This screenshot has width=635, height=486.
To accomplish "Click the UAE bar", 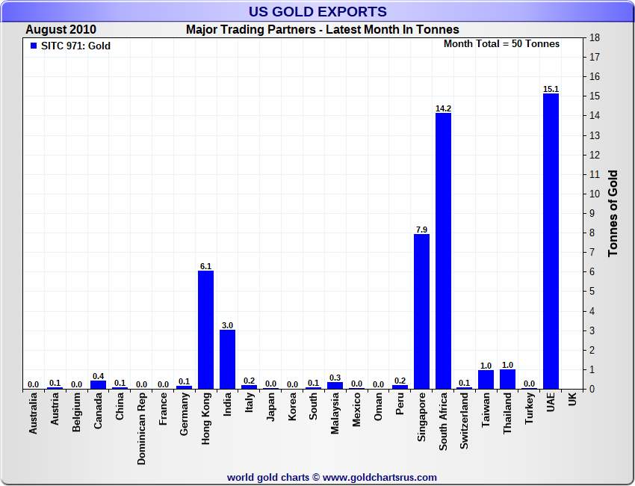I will tap(551, 241).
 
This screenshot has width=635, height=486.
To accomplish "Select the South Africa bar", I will tap(443, 250).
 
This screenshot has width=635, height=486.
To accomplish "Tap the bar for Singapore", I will tap(421, 312).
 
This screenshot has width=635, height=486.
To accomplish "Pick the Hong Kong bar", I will tap(205, 330).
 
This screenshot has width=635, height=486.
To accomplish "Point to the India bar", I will tap(227, 360).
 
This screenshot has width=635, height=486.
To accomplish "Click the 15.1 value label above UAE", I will tap(551, 89).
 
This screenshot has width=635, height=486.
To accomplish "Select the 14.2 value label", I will tap(443, 108).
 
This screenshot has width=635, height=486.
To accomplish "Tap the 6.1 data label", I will tap(205, 265).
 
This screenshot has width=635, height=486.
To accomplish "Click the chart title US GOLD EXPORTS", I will tap(317, 11).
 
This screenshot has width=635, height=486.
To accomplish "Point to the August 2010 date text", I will tap(61, 30).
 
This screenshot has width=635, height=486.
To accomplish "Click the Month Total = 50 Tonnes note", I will tap(501, 43).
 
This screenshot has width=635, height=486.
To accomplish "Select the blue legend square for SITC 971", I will tap(33, 46).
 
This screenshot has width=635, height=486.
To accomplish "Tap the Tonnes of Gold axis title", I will tap(613, 213).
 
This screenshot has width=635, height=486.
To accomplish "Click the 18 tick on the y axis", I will tap(595, 37).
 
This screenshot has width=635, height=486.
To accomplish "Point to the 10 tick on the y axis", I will tap(595, 194).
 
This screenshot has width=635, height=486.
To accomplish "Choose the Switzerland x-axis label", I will tap(465, 422).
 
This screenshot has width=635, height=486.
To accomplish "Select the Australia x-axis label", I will tap(33, 415).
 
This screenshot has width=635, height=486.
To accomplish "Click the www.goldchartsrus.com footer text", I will tap(380, 477).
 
